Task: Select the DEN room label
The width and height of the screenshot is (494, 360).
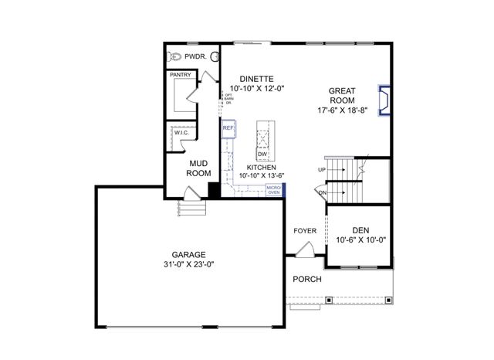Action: [360, 229]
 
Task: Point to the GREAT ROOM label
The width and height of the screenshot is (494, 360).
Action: [342, 95]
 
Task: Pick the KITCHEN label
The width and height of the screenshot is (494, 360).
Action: [262, 167]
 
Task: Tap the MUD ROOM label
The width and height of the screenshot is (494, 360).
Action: [198, 168]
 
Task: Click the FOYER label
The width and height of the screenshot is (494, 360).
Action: [305, 231]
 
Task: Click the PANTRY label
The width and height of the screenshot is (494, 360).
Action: [180, 75]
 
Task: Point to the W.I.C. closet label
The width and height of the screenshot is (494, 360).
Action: [181, 133]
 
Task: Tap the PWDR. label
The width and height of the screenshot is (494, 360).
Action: [197, 56]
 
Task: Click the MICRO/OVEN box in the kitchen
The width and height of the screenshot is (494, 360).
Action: [273, 190]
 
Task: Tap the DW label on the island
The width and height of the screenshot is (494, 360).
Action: [262, 155]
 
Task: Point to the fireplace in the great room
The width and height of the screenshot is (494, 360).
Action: [383, 100]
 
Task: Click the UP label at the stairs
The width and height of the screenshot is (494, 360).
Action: [321, 169]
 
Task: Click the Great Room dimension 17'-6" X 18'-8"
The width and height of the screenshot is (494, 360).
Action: [342, 110]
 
